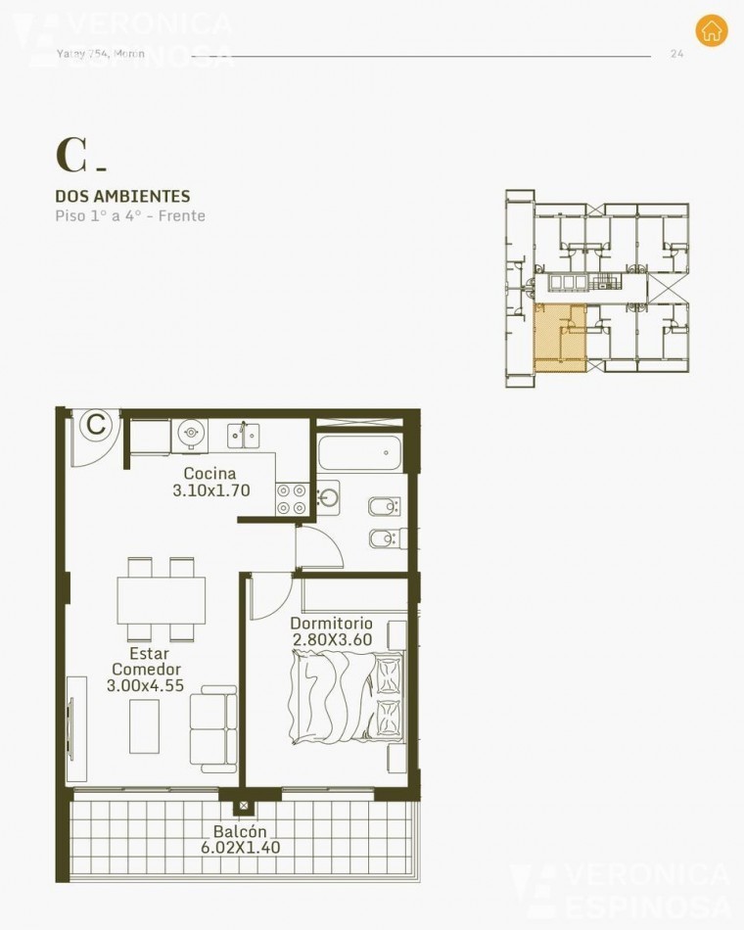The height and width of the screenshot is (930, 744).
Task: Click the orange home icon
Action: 712,30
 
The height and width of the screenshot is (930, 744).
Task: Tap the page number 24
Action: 676,54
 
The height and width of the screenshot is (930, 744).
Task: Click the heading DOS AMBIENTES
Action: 122,197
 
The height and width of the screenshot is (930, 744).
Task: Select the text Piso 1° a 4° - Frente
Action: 130,215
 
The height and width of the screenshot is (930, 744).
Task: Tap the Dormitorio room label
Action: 331,623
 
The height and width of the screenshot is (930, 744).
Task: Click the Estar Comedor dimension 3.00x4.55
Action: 145,686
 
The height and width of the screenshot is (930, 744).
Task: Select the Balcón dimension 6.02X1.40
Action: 240,848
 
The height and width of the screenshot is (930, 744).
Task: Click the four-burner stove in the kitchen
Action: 291,499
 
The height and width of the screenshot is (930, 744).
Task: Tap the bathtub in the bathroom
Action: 359,452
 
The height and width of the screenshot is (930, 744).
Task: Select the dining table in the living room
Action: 162,598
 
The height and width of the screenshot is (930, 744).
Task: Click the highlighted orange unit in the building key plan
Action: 559,339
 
